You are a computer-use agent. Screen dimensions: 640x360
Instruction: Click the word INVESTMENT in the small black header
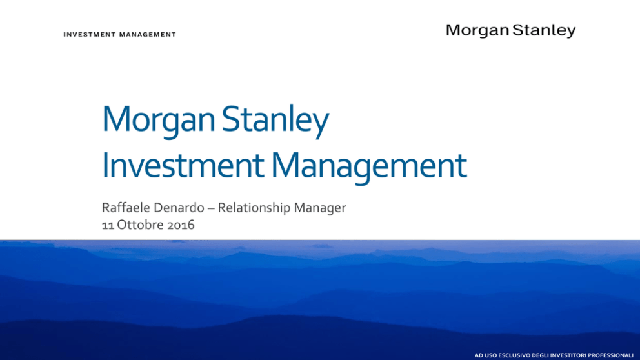90,35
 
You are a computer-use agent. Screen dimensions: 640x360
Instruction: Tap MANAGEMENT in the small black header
148,35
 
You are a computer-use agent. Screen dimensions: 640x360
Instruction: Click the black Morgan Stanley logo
510,30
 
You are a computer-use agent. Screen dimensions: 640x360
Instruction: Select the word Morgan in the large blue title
158,121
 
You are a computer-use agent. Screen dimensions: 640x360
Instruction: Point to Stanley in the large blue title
275,121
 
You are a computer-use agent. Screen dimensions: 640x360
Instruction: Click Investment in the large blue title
183,166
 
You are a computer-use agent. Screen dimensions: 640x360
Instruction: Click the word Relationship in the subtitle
254,208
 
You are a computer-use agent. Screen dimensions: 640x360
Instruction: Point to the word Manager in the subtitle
320,208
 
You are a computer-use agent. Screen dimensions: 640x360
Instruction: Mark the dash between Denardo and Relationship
211,208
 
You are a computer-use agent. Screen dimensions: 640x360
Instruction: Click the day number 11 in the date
108,225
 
